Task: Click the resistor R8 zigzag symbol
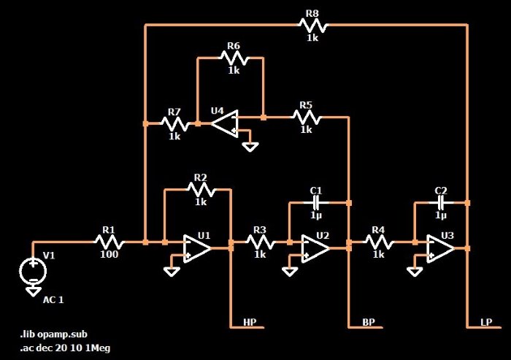click(x=313, y=25)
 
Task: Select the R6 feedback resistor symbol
click(x=234, y=58)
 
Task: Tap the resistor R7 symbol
click(x=175, y=124)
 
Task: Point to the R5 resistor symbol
click(x=307, y=117)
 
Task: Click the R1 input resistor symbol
click(x=109, y=242)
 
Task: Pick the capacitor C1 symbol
click(x=316, y=203)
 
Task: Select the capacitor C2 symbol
click(x=441, y=203)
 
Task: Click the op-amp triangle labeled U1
click(x=196, y=248)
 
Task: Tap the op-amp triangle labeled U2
click(x=315, y=248)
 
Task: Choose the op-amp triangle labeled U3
click(x=440, y=248)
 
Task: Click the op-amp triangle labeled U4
click(x=225, y=123)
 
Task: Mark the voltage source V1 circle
click(x=33, y=271)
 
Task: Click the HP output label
click(x=250, y=322)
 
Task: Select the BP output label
click(x=369, y=322)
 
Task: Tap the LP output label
click(x=486, y=322)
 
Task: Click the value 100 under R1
click(x=109, y=254)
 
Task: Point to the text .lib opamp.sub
click(x=54, y=334)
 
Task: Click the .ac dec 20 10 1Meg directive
click(x=65, y=348)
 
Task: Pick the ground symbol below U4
click(x=250, y=147)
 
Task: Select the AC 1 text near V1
click(x=53, y=299)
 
